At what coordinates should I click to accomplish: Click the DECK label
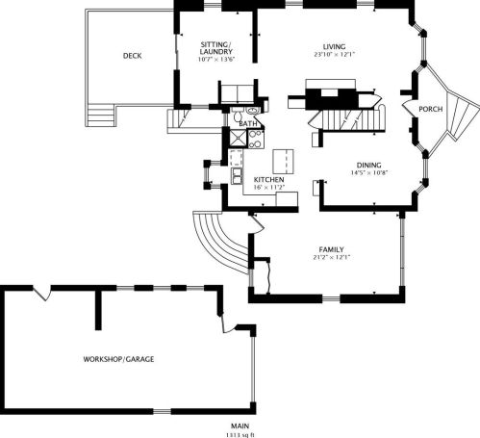coord(132,56)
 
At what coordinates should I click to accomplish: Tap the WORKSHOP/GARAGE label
coord(118,359)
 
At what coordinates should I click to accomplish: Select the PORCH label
coord(431,109)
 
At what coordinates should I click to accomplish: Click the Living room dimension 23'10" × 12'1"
coord(335,55)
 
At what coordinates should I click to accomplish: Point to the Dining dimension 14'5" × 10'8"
coord(369,173)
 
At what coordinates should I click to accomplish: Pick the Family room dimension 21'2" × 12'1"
coord(331,257)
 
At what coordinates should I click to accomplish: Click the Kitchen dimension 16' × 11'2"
coord(269,188)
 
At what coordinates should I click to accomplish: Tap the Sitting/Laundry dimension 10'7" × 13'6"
coord(216,59)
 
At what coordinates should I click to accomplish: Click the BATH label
coord(248,123)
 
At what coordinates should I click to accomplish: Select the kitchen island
coord(283,161)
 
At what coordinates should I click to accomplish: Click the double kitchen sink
coord(237,176)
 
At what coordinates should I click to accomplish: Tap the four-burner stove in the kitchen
coord(256,140)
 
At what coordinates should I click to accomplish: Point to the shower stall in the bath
coord(238,138)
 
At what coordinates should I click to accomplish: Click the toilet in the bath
coord(238,114)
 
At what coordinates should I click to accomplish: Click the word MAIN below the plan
coord(240,426)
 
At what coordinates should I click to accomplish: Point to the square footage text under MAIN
coord(240,435)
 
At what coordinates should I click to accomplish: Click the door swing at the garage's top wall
coord(42,293)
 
